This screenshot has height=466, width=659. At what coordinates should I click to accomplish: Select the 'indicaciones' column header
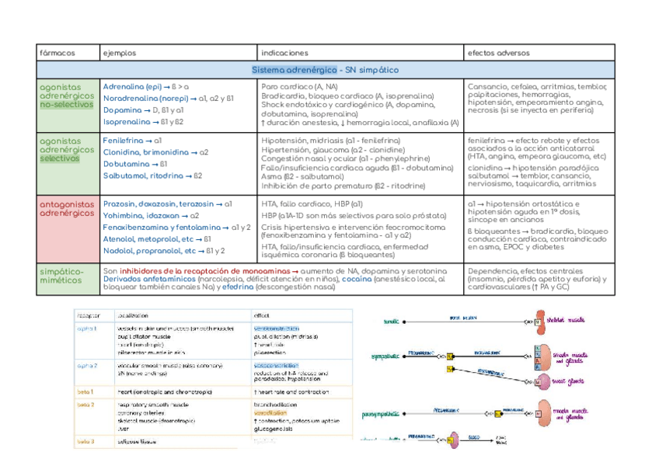tap(284, 54)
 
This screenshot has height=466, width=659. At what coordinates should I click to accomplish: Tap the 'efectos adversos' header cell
tap(498, 54)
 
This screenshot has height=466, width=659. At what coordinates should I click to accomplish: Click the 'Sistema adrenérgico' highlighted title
tap(294, 70)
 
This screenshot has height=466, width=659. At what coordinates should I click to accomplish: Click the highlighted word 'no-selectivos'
tap(65, 104)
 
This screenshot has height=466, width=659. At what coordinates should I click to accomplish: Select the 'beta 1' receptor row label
tap(85, 391)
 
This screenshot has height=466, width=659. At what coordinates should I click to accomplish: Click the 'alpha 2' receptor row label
tap(86, 364)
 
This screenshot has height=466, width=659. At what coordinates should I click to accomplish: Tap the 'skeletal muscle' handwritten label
tap(575, 319)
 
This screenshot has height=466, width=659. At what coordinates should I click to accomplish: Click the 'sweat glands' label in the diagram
tap(573, 384)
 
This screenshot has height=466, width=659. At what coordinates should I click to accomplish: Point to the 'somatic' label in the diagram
tap(392, 320)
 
